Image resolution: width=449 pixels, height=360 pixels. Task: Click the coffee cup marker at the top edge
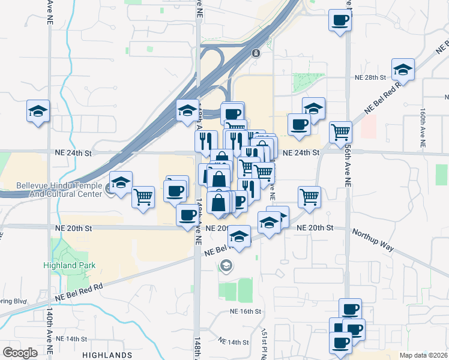(x=340, y=20)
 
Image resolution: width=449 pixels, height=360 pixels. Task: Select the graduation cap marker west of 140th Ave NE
(x=38, y=111)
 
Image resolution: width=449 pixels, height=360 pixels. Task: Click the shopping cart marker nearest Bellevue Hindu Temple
(x=143, y=196)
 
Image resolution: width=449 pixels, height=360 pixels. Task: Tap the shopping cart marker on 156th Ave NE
(x=340, y=131)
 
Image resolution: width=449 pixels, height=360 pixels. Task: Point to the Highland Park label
(x=70, y=265)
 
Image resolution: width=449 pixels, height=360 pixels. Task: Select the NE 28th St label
(x=368, y=77)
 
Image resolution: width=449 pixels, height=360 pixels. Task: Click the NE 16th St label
(x=246, y=311)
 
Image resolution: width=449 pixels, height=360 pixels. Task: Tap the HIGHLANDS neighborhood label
(x=107, y=355)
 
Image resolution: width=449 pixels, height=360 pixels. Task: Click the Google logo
(x=19, y=353)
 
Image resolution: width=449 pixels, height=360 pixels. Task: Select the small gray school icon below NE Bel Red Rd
(x=226, y=265)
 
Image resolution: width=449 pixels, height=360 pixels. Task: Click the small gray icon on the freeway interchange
(x=256, y=53)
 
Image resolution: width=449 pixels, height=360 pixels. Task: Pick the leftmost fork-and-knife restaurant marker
(x=206, y=141)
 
